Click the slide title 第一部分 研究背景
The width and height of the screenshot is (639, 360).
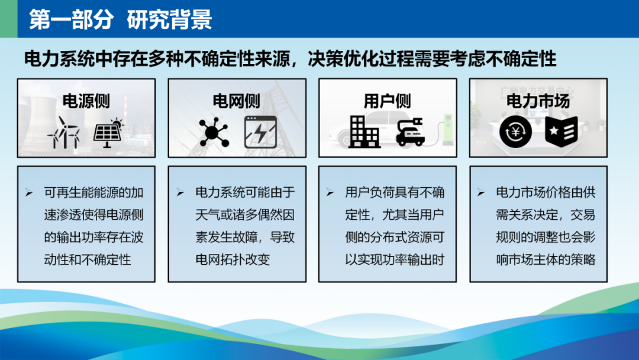[120, 19]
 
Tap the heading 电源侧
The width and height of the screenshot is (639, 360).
[86, 101]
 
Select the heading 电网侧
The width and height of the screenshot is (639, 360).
[236, 101]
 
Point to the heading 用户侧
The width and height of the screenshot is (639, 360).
[387, 101]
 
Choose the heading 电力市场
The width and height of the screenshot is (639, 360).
[538, 101]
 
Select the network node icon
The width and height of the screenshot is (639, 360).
[213, 132]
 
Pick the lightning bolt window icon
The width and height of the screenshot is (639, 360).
[260, 132]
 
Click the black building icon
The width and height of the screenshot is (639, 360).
[364, 131]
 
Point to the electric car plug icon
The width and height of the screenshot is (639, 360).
[411, 131]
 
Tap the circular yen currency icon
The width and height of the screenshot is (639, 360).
[515, 131]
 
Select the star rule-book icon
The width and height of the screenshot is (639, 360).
[561, 131]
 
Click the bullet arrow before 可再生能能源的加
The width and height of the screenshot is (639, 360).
[30, 192]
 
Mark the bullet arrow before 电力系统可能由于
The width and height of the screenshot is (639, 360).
[180, 192]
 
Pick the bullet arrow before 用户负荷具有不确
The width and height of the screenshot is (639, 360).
[330, 192]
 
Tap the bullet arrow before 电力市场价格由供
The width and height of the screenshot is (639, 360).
[481, 192]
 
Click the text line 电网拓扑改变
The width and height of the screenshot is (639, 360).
[233, 260]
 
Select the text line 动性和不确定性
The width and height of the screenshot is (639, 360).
[88, 260]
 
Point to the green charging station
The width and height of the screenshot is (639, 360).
[448, 130]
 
